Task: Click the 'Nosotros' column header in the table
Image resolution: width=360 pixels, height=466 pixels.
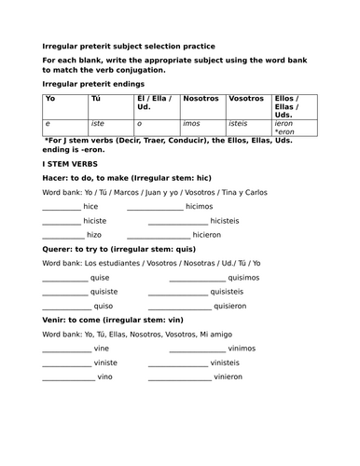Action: (x=201, y=98)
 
